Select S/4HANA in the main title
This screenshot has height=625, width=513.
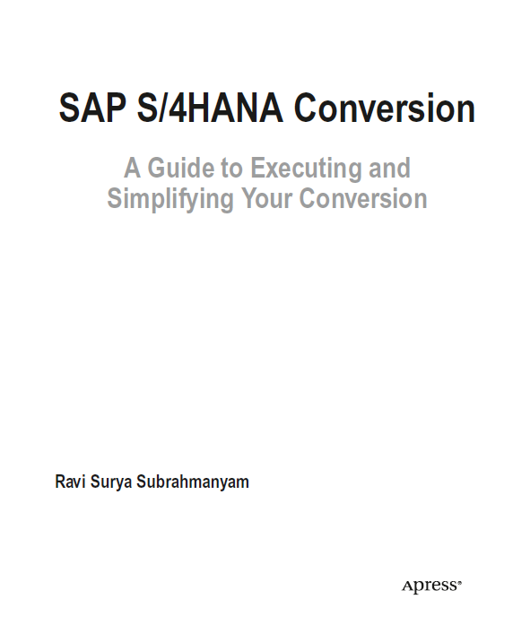click(x=210, y=108)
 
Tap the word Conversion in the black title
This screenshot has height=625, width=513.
click(x=385, y=108)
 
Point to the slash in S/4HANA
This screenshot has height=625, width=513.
click(x=163, y=108)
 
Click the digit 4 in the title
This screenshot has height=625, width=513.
click(x=178, y=109)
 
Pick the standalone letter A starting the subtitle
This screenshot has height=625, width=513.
click(x=132, y=168)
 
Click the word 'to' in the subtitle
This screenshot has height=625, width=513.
click(x=232, y=169)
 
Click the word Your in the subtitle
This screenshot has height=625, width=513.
click(x=266, y=198)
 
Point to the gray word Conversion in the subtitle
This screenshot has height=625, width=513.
click(x=363, y=198)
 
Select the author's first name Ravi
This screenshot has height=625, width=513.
click(x=70, y=482)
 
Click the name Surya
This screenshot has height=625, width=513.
click(x=111, y=483)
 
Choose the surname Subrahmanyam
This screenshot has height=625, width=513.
click(x=193, y=483)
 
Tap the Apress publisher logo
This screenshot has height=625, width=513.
click(x=431, y=586)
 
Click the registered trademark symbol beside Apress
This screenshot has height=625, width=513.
click(x=459, y=583)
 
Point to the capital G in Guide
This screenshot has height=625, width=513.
click(x=157, y=168)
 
